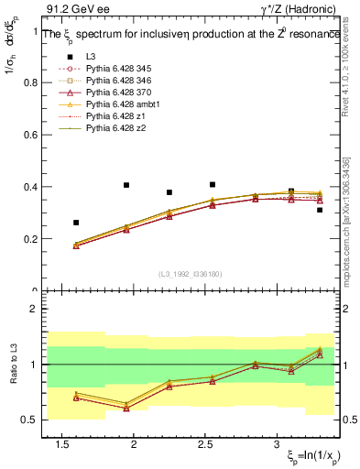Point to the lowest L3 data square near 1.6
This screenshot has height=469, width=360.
[x=76, y=223]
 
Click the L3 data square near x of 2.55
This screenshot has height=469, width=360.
[x=213, y=184]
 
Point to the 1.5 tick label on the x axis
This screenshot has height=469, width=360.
[x=62, y=445]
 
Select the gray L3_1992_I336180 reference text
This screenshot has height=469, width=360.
[x=190, y=273]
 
